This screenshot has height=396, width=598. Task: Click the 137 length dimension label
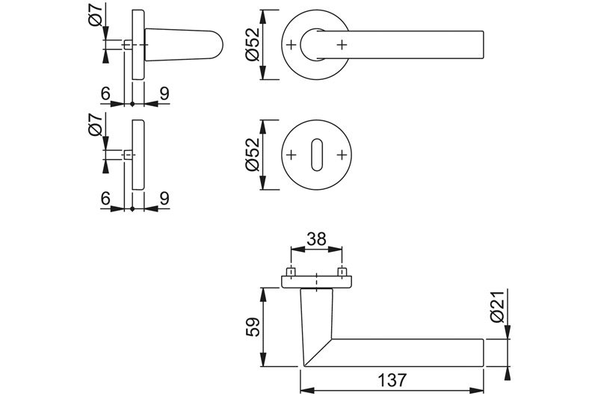pos(392,380)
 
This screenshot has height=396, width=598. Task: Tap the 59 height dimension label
pos(253,327)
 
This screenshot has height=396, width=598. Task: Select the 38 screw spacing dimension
pos(316,239)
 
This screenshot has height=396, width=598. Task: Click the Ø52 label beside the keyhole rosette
pos(253,155)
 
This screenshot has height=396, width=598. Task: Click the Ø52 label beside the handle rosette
pos(253,45)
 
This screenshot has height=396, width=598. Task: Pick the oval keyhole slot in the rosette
pos(316,155)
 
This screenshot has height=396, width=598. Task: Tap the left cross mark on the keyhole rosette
pos(291,155)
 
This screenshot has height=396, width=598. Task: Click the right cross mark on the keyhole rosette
pos(342,155)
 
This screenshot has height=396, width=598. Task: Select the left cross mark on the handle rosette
pos(291,45)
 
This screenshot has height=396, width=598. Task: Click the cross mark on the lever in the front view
pos(342,45)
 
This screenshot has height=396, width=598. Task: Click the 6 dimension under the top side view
pos(105,93)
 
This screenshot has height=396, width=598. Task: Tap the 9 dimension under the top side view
pos(164,93)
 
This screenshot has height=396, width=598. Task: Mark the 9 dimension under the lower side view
pos(164,199)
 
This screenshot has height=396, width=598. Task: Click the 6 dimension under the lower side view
pos(105,199)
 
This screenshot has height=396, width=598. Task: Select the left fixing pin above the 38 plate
pos(291,272)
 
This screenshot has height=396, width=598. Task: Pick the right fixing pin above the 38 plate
pos(342,272)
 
